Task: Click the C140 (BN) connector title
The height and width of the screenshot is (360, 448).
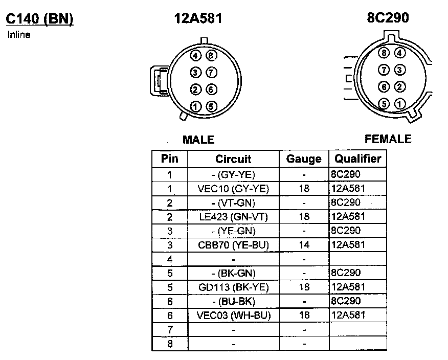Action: coord(40,19)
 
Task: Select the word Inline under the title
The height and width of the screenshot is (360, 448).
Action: coord(19,35)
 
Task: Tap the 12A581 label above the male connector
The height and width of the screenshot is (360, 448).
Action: coord(198,19)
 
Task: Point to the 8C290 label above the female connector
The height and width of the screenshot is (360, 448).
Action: coord(388,18)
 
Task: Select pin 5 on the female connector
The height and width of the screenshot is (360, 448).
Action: coord(385,104)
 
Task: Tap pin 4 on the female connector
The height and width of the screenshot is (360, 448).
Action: coord(400,53)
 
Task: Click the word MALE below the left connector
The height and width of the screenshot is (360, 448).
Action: coord(198,140)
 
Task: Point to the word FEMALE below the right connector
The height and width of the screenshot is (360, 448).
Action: coord(388,139)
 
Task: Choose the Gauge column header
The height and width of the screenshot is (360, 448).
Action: coord(304,159)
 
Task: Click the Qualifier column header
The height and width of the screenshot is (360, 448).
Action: coord(357,159)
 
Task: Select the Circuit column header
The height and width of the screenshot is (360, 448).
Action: coord(233,159)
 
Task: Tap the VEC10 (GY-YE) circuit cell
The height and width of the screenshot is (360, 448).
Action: coord(233,189)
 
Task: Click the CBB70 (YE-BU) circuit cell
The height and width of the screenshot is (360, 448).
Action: coord(233,245)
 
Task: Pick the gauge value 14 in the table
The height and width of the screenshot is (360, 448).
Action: coord(304,245)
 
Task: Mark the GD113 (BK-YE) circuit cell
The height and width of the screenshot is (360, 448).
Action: coord(233,287)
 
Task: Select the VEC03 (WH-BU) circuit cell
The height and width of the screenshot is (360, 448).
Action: coord(233,316)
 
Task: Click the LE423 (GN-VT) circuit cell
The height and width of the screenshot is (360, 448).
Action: coord(233,217)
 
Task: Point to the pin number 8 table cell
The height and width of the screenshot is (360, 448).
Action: coord(170,344)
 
